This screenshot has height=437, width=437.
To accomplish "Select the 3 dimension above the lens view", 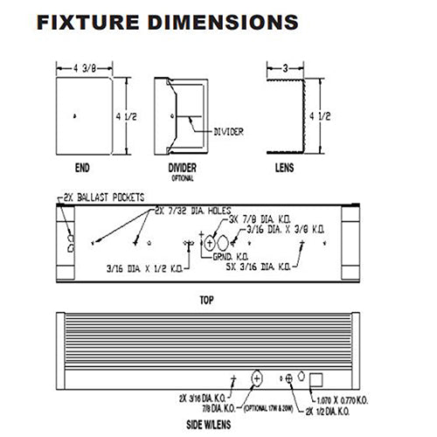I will click(x=286, y=66).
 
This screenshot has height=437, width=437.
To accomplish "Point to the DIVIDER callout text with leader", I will click(x=230, y=133).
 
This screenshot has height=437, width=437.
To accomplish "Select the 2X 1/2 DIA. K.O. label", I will click(x=332, y=408).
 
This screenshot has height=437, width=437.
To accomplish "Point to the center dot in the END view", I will click(x=78, y=115).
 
